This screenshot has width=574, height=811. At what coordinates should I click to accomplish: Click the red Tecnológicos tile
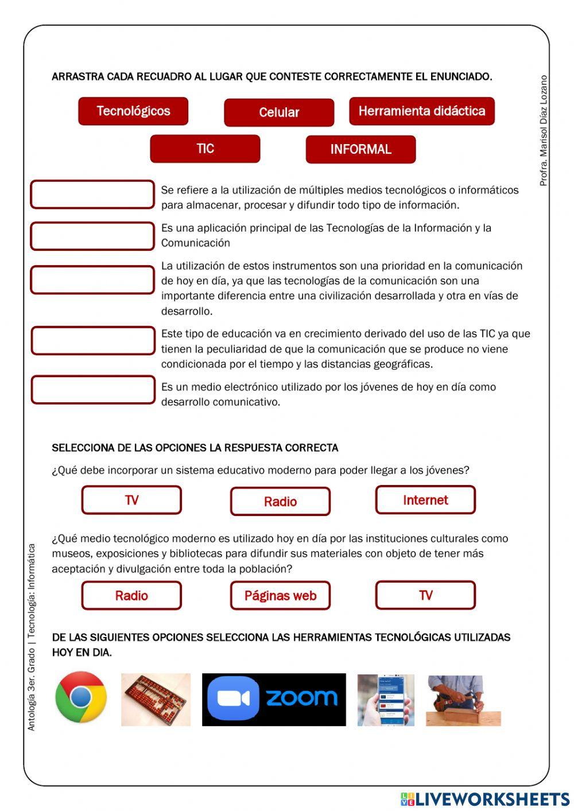(133, 111)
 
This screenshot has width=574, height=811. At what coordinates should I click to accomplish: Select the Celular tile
(279, 112)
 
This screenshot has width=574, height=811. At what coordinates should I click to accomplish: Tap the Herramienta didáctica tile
(421, 111)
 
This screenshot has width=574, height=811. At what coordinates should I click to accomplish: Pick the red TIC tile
(205, 149)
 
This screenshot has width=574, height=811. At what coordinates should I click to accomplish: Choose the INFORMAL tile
(360, 150)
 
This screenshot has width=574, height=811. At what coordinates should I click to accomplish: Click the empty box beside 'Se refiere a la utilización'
(92, 195)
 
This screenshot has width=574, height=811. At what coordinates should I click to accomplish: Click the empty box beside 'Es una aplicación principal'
(92, 236)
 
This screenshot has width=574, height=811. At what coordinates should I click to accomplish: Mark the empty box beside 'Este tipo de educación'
(93, 341)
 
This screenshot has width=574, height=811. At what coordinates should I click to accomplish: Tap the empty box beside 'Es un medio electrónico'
(93, 390)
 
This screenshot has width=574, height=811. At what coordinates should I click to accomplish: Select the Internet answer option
(425, 500)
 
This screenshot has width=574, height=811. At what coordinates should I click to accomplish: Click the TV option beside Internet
(131, 500)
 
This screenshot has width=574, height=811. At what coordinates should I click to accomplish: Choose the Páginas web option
(280, 596)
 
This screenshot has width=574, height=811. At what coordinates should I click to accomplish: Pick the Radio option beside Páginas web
(131, 596)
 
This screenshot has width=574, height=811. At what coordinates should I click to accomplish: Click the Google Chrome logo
(81, 697)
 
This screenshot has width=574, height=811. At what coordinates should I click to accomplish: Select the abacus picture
(156, 700)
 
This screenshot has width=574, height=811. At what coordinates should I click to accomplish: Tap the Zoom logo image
(274, 700)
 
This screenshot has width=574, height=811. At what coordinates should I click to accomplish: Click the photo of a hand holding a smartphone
(385, 700)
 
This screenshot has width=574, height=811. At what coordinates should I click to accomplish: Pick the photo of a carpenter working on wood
(463, 700)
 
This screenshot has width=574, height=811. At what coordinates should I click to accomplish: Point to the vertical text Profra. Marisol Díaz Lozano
(544, 131)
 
